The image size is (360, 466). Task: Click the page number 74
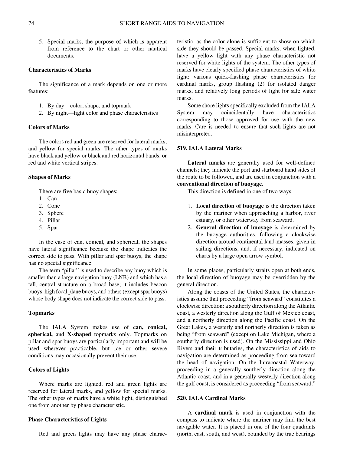pyautogui.click(x=31, y=23)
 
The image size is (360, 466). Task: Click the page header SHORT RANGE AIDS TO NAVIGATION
pyautogui.click(x=172, y=23)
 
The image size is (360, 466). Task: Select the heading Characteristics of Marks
pyautogui.click(x=60, y=70)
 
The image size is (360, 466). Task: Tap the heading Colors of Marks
pyautogui.click(x=49, y=127)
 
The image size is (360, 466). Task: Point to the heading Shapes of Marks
pyautogui.click(x=49, y=177)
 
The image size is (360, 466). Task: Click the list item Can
pyautogui.click(x=52, y=199)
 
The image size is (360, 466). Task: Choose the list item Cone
pyautogui.click(x=54, y=206)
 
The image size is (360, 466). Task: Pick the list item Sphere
pyautogui.click(x=55, y=213)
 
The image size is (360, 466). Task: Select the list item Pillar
pyautogui.click(x=54, y=220)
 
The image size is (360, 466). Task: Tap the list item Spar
pyautogui.click(x=53, y=228)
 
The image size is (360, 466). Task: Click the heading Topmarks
pyautogui.click(x=41, y=313)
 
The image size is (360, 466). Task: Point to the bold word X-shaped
pyautogui.click(x=79, y=334)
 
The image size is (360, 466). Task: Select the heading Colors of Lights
pyautogui.click(x=49, y=370)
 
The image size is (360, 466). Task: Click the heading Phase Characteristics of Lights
pyautogui.click(x=67, y=419)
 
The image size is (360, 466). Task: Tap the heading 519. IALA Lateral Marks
pyautogui.click(x=209, y=148)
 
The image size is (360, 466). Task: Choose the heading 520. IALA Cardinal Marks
pyautogui.click(x=211, y=398)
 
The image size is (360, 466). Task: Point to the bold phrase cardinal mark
pyautogui.click(x=214, y=413)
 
